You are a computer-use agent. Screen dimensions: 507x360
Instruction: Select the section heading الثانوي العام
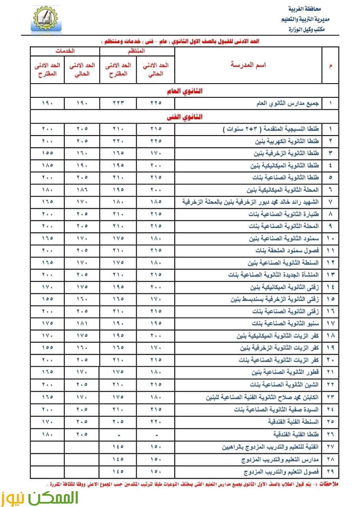(185, 91)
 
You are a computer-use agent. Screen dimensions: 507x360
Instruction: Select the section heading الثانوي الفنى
(185, 117)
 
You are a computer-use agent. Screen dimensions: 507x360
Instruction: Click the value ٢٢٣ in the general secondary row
(118, 104)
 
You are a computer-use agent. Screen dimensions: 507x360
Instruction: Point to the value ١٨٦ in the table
(82, 189)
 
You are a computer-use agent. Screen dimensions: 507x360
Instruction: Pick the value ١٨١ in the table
(82, 323)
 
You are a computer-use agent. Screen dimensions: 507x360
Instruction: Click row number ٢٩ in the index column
(330, 472)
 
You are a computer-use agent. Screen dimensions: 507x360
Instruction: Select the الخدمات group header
(65, 51)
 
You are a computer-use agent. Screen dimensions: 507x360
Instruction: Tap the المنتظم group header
(137, 51)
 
